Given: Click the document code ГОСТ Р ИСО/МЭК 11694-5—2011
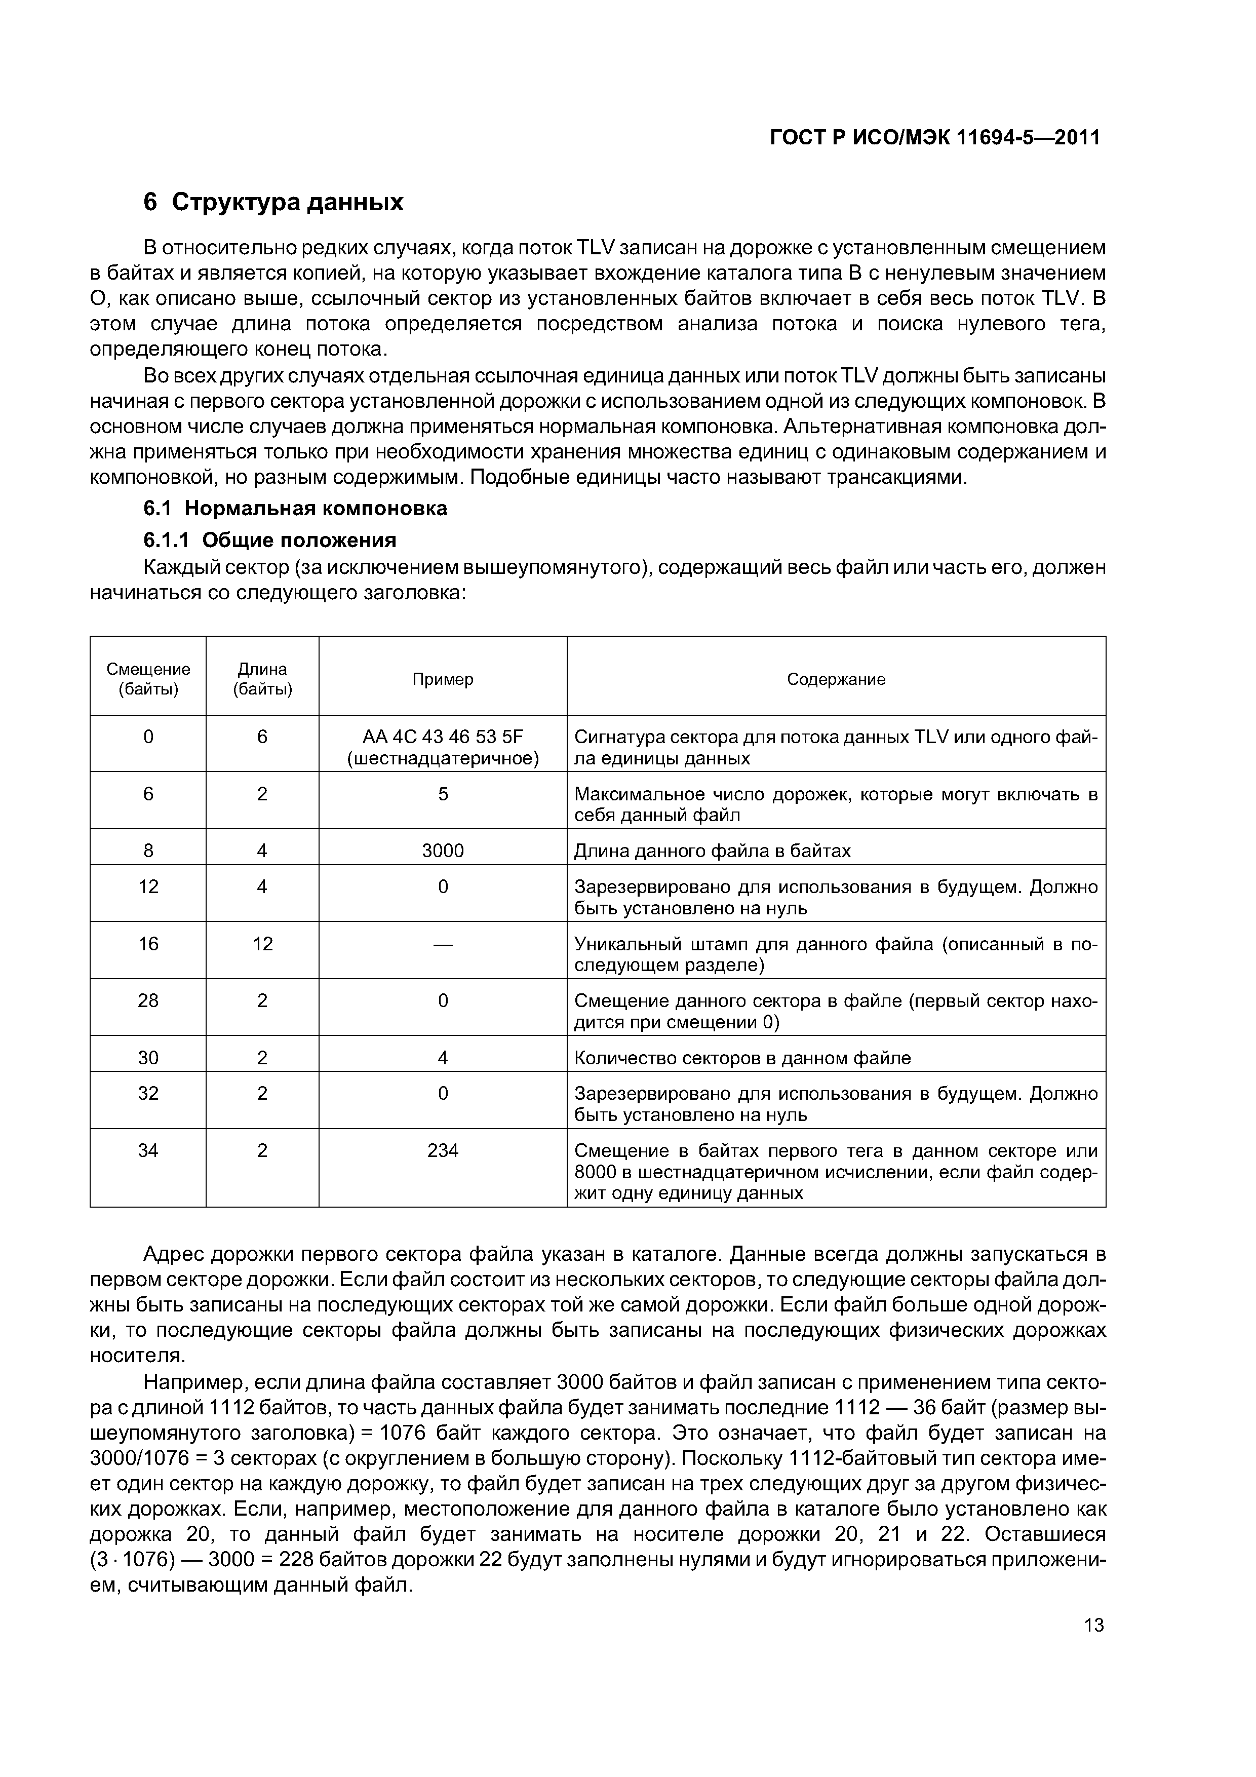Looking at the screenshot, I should click(935, 138).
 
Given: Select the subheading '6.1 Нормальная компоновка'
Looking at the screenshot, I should click(296, 509).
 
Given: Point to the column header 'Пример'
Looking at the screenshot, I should click(443, 679).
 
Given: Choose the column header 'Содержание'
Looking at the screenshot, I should click(836, 679).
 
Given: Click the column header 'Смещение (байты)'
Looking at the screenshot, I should click(148, 679).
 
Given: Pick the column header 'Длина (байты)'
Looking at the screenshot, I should click(262, 679).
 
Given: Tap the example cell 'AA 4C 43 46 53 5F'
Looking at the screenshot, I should click(443, 736).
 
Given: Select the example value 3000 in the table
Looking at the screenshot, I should click(443, 851).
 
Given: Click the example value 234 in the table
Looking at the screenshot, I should click(443, 1151).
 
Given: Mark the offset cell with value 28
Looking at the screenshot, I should click(148, 1001).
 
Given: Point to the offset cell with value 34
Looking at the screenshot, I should click(148, 1151).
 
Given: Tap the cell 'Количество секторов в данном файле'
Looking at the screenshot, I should click(742, 1058).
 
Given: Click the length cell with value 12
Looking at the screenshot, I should click(262, 943).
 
